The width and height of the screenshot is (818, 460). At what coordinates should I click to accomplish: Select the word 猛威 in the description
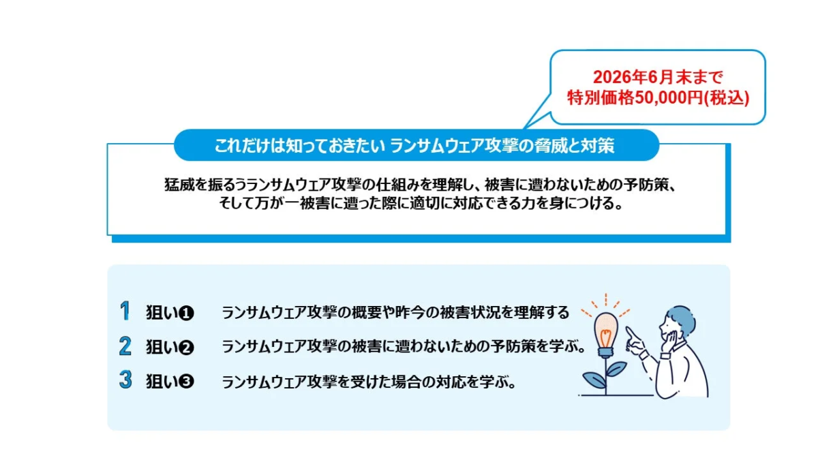click(x=175, y=185)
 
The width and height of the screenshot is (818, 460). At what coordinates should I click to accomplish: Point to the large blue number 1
click(x=125, y=311)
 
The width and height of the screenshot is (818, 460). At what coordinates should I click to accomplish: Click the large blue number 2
click(x=125, y=346)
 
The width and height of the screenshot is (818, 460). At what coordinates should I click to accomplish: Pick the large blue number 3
click(x=125, y=380)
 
